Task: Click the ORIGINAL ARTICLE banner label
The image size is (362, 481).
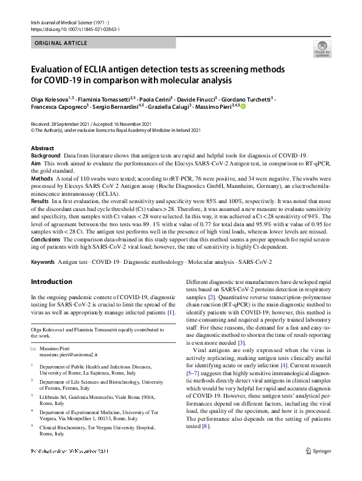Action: tap(61, 43)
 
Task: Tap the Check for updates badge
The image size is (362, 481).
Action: tap(322, 49)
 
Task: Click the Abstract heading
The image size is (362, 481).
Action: tap(42, 148)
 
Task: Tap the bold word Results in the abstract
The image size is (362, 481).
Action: tap(40, 201)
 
